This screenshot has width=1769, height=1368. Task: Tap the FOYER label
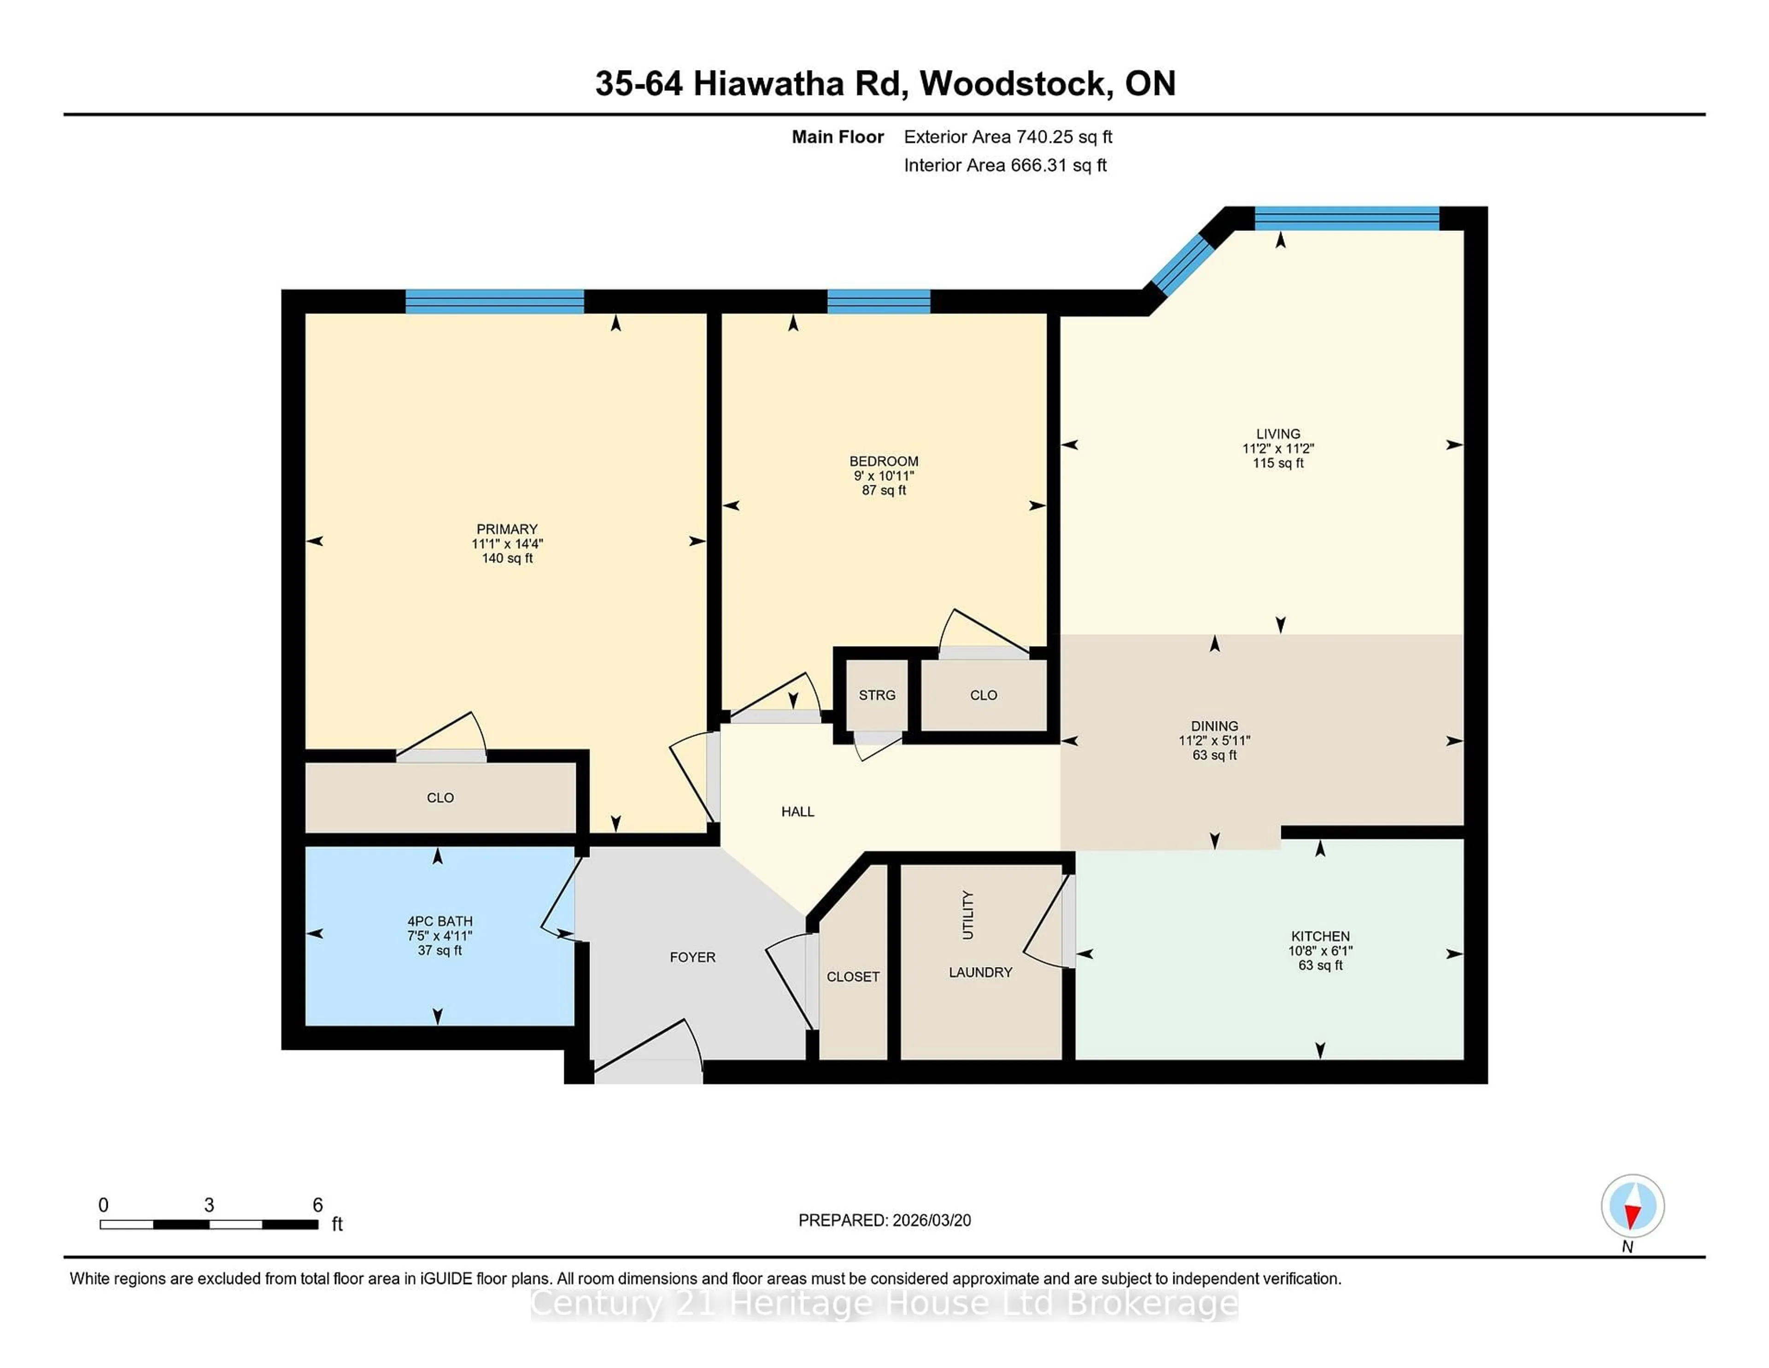[x=692, y=957]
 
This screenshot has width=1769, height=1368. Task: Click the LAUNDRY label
[x=980, y=972]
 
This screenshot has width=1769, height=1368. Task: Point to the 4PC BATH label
[x=440, y=921]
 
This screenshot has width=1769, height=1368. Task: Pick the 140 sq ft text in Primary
[x=507, y=558]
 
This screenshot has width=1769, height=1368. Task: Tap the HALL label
[x=798, y=811]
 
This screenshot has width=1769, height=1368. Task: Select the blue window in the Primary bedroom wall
[x=494, y=301]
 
